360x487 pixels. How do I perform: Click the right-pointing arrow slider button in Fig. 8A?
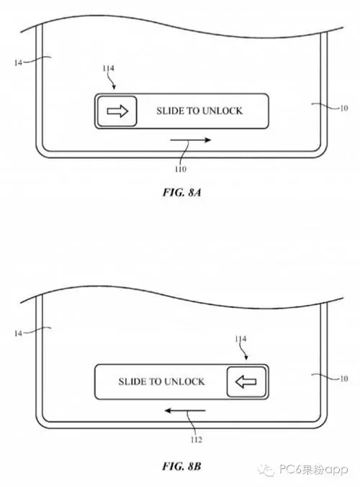(117, 111)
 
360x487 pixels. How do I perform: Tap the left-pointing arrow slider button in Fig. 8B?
(246, 381)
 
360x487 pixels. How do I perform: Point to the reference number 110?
(180, 169)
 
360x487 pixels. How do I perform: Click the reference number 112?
(196, 440)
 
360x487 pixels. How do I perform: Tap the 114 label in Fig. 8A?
(108, 68)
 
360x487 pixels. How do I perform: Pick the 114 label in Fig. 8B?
(240, 339)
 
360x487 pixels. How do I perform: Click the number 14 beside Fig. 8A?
(18, 63)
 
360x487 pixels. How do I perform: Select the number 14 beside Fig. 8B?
(18, 333)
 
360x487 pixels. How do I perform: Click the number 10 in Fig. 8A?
(343, 108)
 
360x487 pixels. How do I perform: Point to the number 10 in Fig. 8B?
(343, 378)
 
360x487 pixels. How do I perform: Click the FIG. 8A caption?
(182, 192)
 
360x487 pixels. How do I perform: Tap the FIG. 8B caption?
(182, 466)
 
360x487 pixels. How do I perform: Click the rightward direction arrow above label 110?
(191, 140)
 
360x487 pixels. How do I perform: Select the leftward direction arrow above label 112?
(185, 411)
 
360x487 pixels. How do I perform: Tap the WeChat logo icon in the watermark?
(266, 470)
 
